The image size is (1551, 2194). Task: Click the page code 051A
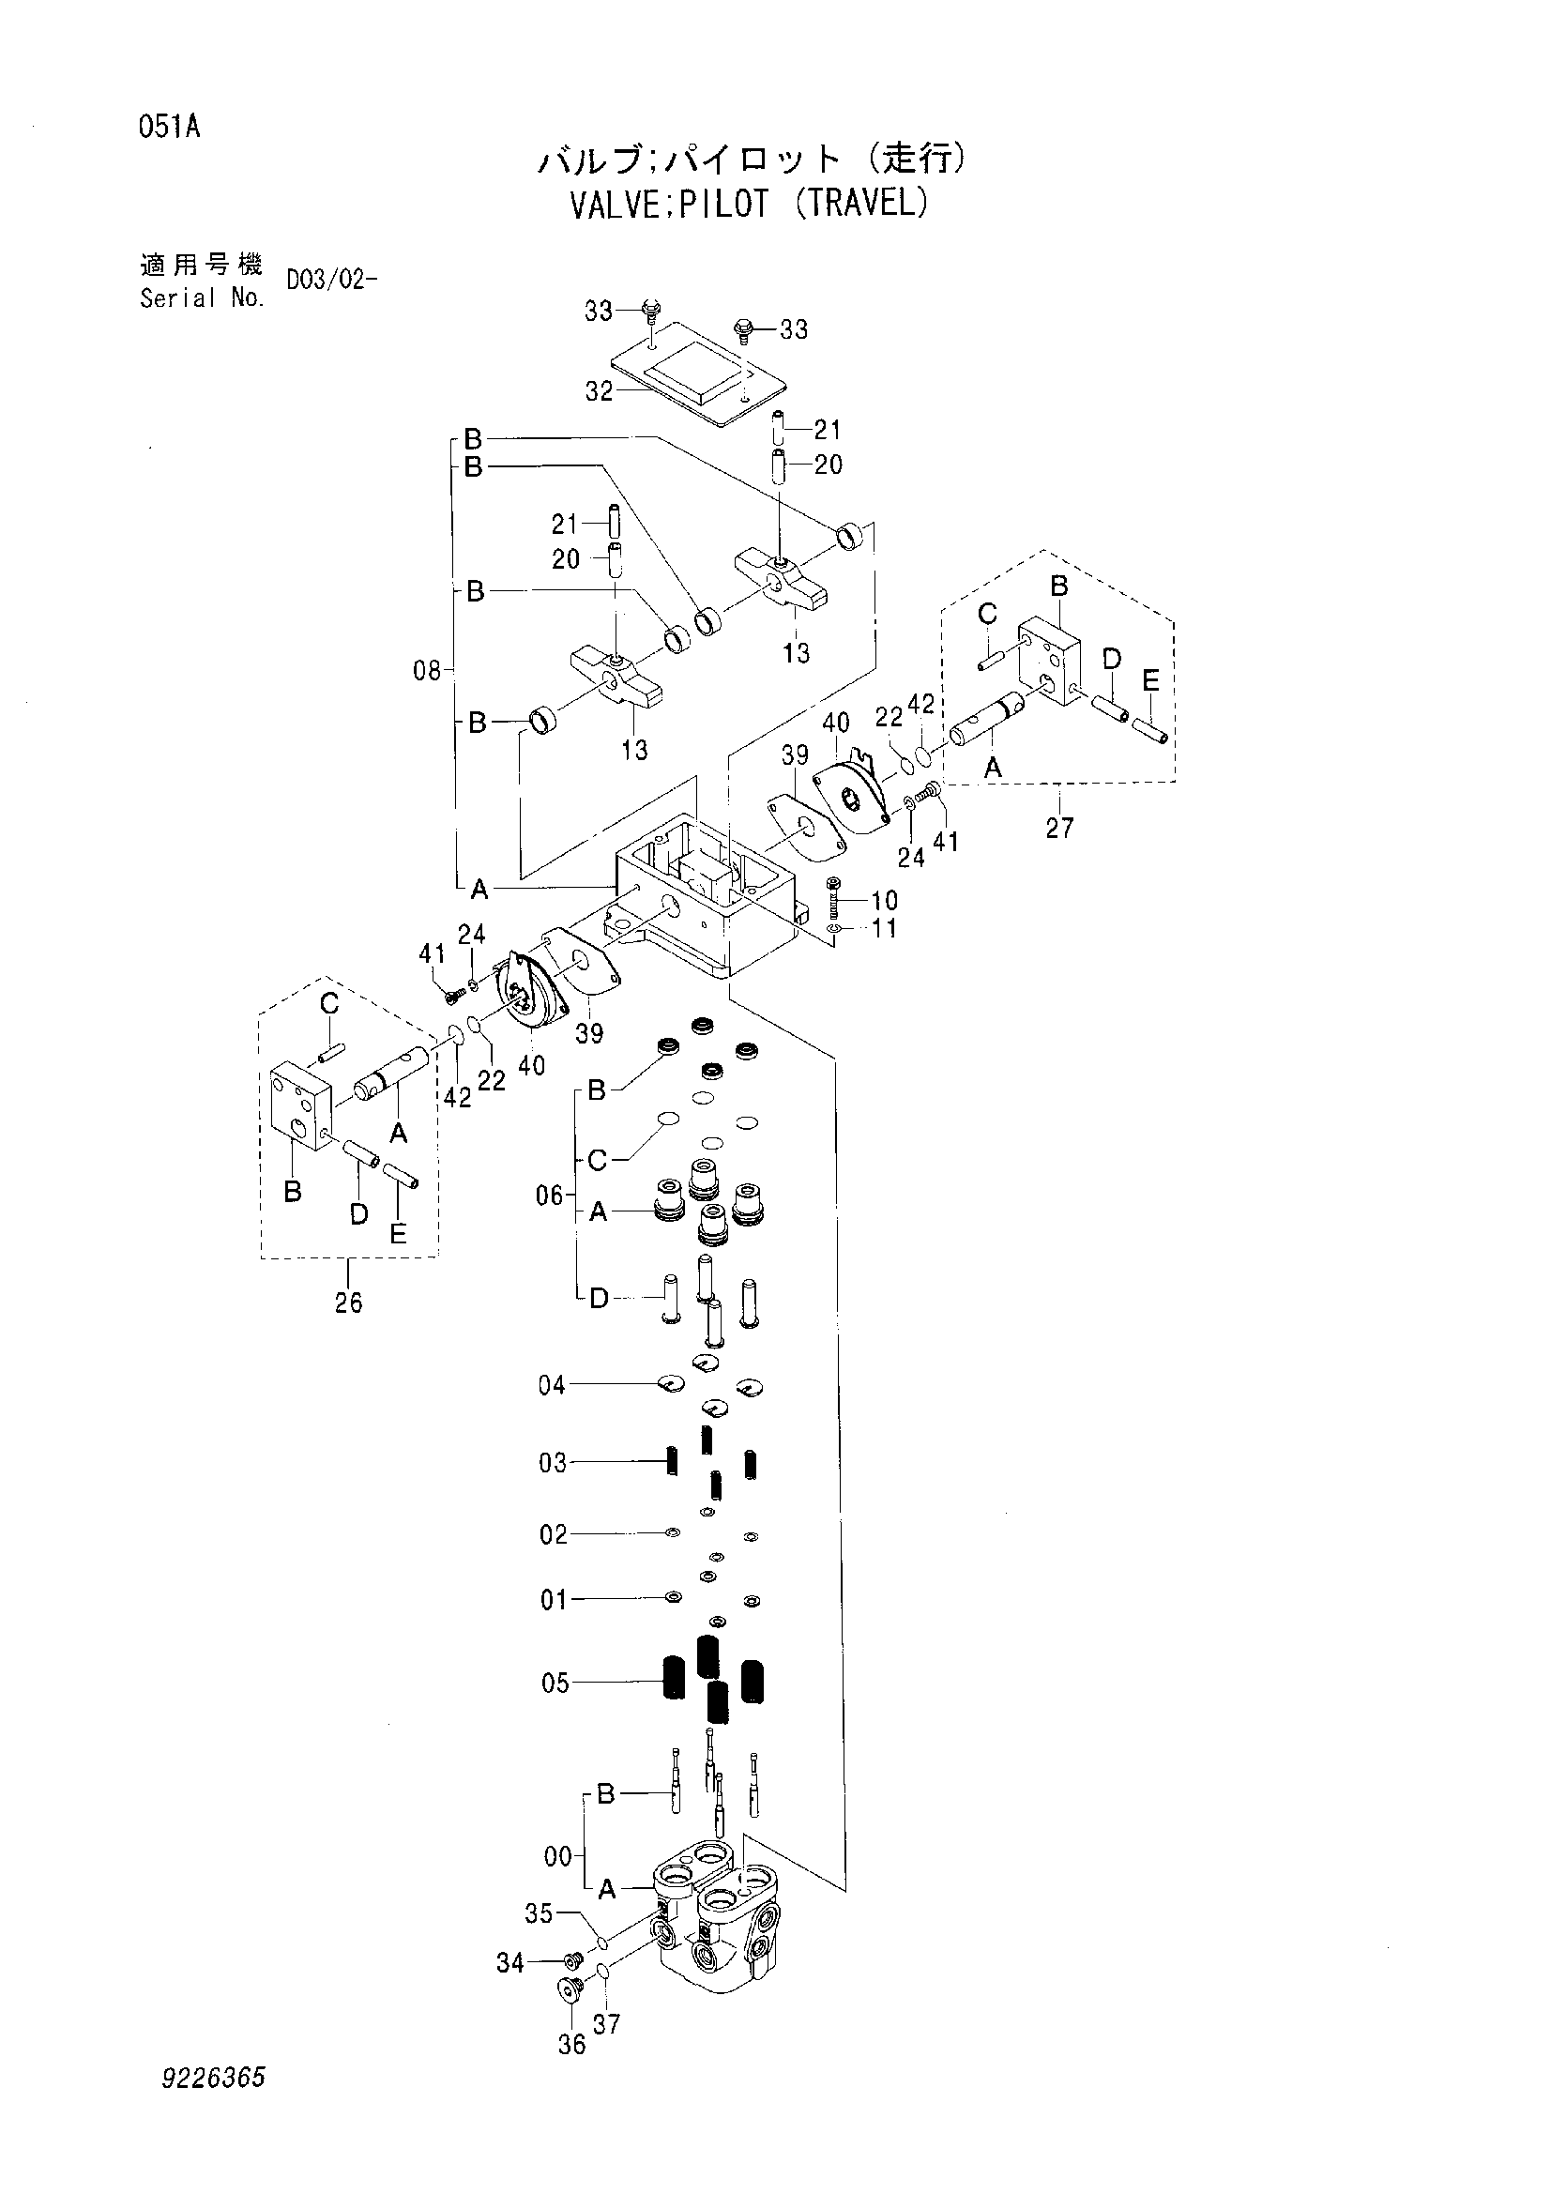click(169, 126)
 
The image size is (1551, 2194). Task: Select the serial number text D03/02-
click(330, 281)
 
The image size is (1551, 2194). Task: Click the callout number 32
click(599, 392)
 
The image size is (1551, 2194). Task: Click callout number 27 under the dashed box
click(1058, 828)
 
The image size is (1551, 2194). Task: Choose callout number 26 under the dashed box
click(349, 1303)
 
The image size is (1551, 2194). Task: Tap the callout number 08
click(427, 671)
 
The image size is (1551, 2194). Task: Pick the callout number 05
click(555, 1683)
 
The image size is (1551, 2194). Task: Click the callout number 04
click(552, 1385)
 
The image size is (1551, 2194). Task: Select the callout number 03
click(553, 1463)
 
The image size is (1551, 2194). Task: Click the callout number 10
click(884, 900)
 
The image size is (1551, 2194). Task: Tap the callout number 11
click(884, 928)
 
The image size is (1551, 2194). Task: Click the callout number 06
click(550, 1196)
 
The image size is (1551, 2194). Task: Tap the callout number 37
click(606, 2023)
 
